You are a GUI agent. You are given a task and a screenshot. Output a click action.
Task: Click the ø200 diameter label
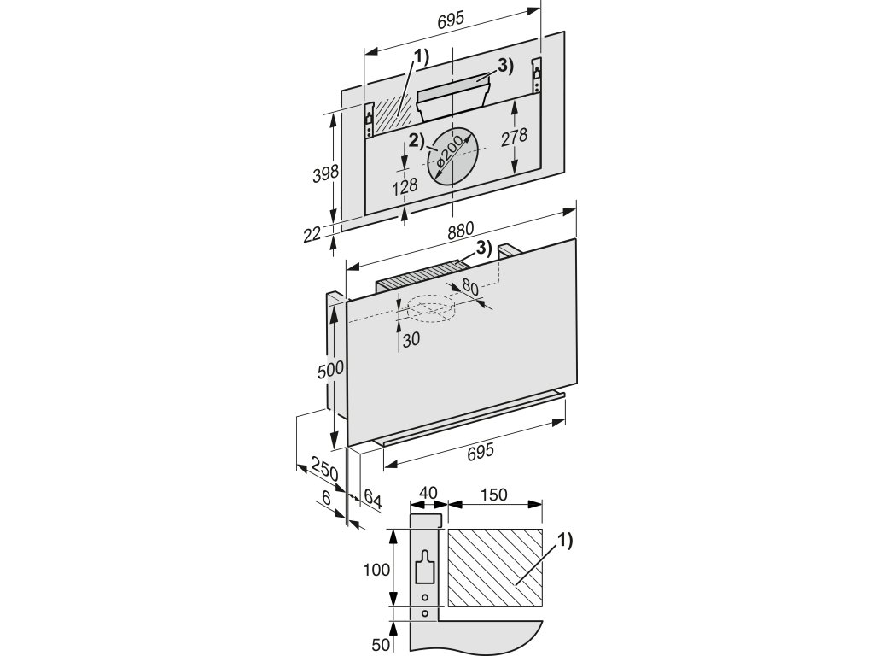(449, 154)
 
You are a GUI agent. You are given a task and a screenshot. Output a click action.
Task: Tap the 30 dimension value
(411, 339)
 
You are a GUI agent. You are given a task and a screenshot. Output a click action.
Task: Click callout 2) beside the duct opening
(418, 140)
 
